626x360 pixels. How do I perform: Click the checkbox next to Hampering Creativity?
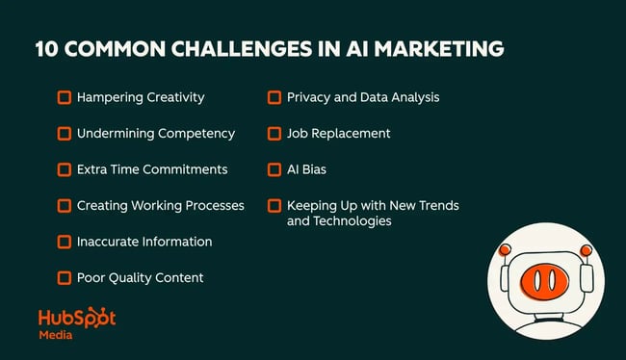click(x=65, y=97)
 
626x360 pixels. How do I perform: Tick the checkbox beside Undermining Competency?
click(x=65, y=133)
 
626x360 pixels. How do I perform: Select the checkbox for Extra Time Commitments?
click(x=65, y=169)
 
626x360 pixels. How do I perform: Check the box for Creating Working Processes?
click(x=65, y=205)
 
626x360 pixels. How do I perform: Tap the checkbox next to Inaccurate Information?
click(x=65, y=242)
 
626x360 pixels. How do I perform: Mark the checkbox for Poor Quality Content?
click(x=65, y=277)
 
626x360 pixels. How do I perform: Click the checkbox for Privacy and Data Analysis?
click(x=274, y=97)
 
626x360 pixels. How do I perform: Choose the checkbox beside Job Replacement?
click(x=274, y=133)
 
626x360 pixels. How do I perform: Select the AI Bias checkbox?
click(x=274, y=169)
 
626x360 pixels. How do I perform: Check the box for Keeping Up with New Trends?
click(x=274, y=205)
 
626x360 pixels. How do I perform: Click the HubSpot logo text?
click(x=76, y=318)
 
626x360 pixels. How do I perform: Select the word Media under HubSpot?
click(x=56, y=336)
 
